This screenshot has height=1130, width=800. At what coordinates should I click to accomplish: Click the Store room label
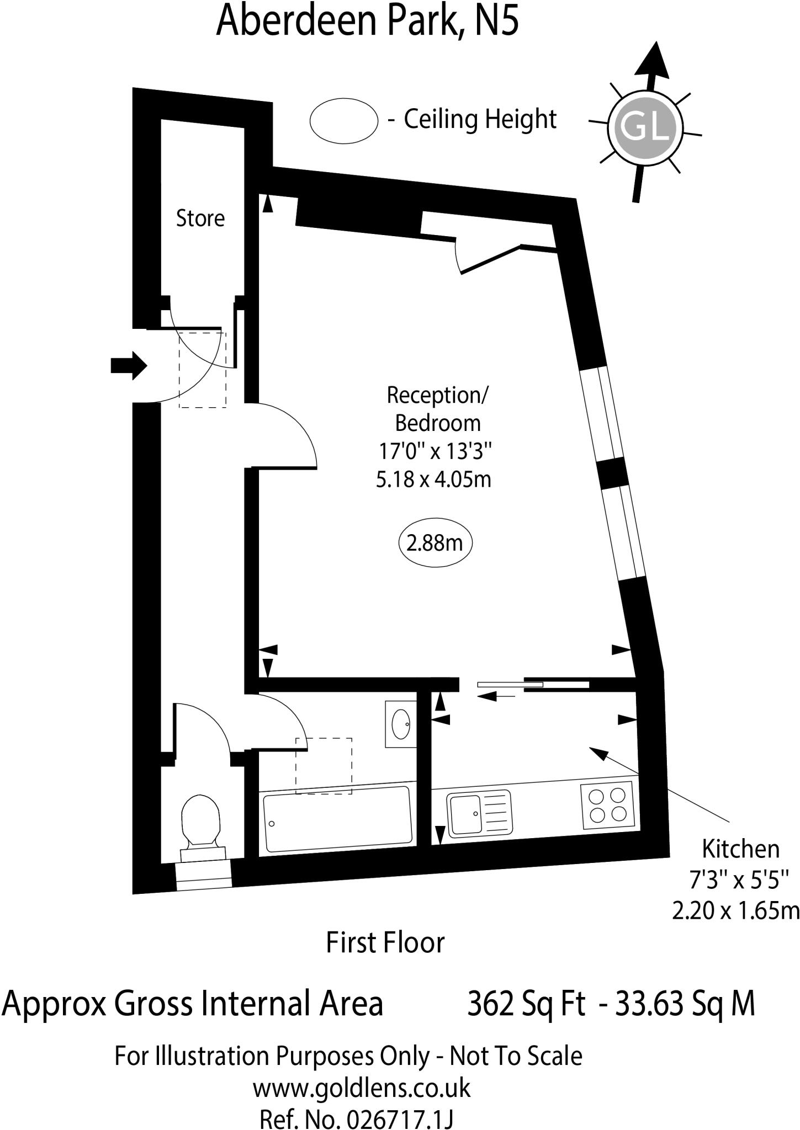[x=200, y=218]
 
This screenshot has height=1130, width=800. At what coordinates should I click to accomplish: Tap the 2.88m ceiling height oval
[x=435, y=543]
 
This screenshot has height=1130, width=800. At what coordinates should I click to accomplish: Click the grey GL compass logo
[x=645, y=128]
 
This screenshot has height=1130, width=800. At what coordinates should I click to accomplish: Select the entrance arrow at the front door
[x=129, y=365]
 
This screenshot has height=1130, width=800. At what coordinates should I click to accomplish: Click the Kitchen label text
[x=740, y=849]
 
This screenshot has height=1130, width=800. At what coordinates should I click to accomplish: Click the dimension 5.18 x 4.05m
[x=433, y=479]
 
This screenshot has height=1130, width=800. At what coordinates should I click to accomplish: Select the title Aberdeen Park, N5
[x=367, y=20]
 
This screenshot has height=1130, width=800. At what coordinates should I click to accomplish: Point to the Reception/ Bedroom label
[x=437, y=409]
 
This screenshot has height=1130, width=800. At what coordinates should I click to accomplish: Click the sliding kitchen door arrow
[x=495, y=697]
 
